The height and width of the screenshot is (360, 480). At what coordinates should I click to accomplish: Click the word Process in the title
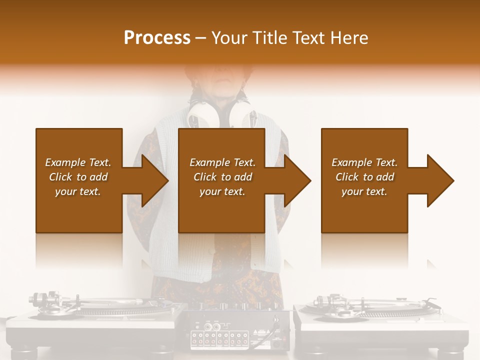pos(157,38)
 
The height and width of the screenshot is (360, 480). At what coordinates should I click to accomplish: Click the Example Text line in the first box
pos(78,162)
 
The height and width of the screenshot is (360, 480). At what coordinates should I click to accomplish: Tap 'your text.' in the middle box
pos(222,191)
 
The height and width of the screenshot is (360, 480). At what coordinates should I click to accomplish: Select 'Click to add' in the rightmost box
pos(364,177)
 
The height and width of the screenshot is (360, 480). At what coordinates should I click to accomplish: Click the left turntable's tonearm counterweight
pos(37,300)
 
